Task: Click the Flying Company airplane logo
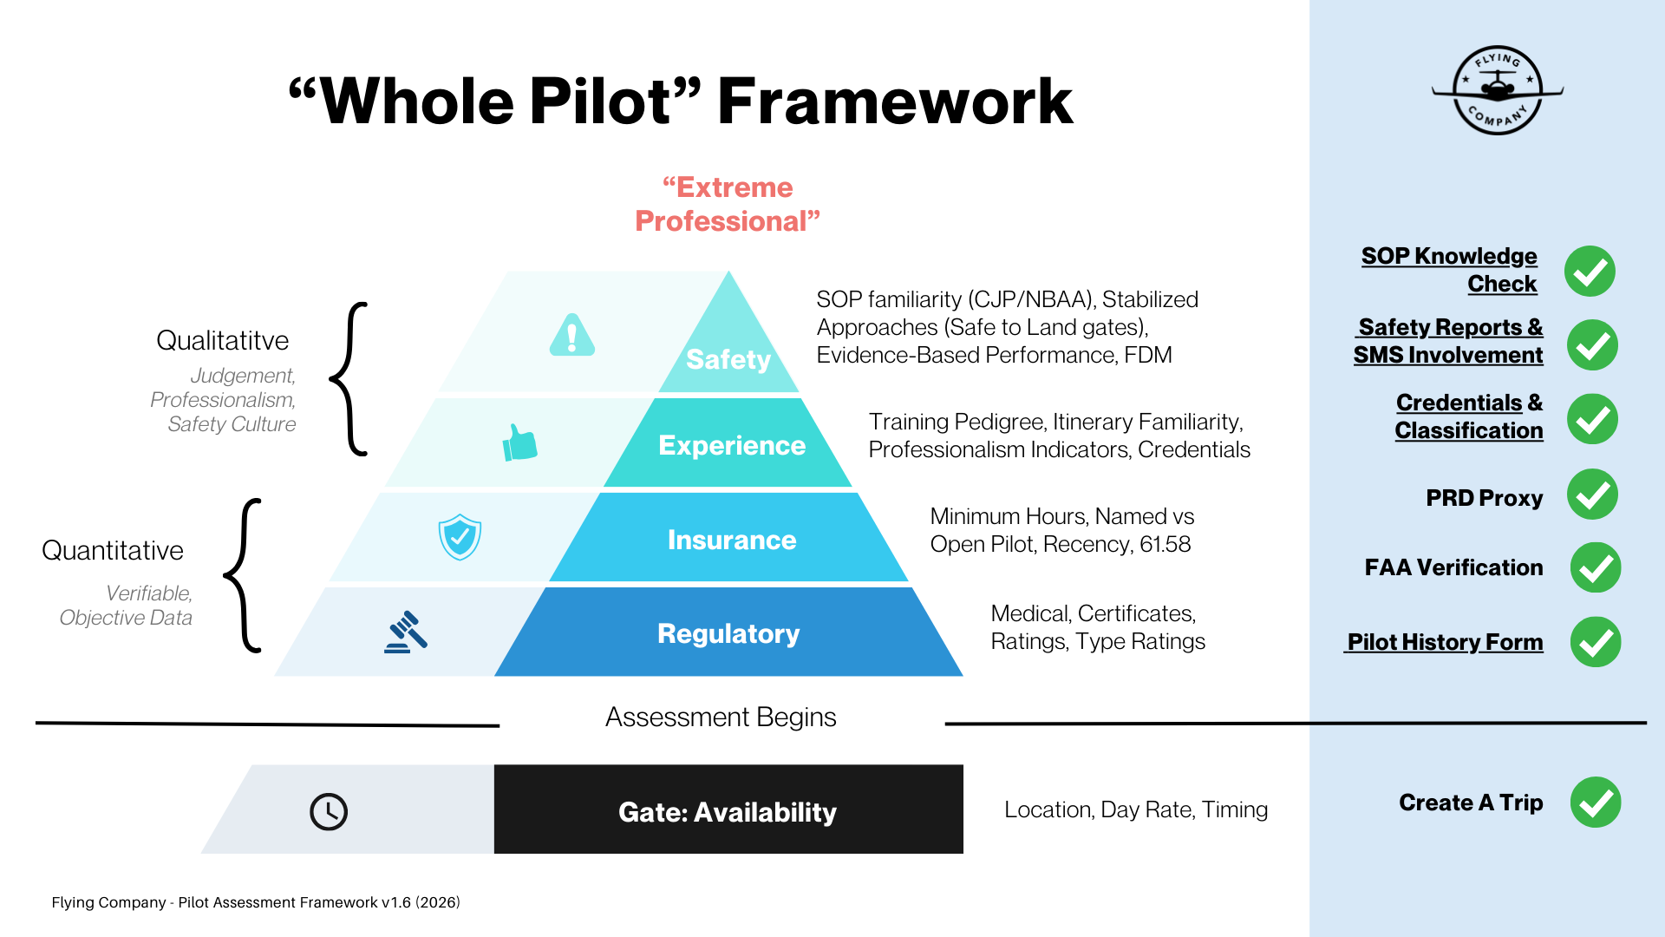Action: pyautogui.click(x=1498, y=89)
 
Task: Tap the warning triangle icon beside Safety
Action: pyautogui.click(x=572, y=335)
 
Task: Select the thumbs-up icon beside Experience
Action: pyautogui.click(x=520, y=443)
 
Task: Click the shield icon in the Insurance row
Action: pyautogui.click(x=460, y=537)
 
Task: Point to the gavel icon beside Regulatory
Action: pyautogui.click(x=406, y=632)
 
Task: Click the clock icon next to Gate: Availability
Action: pyautogui.click(x=329, y=812)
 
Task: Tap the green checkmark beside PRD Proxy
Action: pyautogui.click(x=1592, y=495)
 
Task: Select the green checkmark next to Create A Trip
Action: pyautogui.click(x=1595, y=803)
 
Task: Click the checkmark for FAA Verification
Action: pyautogui.click(x=1595, y=568)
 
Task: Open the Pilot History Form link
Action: pyautogui.click(x=1444, y=642)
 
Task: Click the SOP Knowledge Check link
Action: pyautogui.click(x=1449, y=270)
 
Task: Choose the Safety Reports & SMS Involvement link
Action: pyautogui.click(x=1449, y=341)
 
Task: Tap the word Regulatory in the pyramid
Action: pyautogui.click(x=728, y=633)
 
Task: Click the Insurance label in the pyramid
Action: pyautogui.click(x=732, y=540)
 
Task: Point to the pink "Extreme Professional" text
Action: pyautogui.click(x=728, y=205)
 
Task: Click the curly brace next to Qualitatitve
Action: pyautogui.click(x=350, y=378)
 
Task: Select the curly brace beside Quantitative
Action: pyautogui.click(x=244, y=575)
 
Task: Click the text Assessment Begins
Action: pyautogui.click(x=721, y=717)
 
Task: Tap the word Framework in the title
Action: pyautogui.click(x=895, y=102)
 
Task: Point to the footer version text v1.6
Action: pyautogui.click(x=395, y=902)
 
